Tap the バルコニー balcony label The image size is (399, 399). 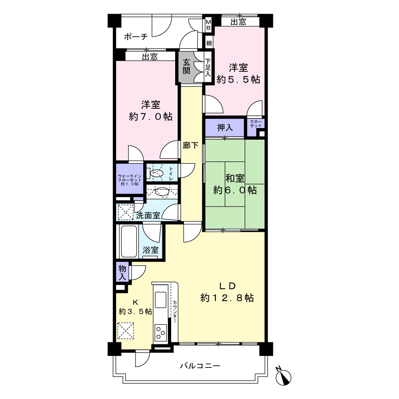click(x=200, y=366)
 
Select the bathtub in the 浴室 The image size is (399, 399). click(x=129, y=241)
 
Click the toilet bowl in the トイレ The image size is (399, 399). click(x=156, y=173)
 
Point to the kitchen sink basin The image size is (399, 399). click(x=161, y=300)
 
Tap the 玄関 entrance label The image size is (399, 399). click(x=186, y=66)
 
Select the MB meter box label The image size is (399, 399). click(x=208, y=24)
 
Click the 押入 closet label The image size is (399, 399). click(x=225, y=128)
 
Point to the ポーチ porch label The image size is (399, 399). click(x=136, y=37)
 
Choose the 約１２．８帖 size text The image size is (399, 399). click(x=227, y=298)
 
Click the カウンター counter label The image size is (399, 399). click(x=175, y=312)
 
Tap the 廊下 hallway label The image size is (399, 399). click(x=191, y=145)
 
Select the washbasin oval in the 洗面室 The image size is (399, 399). click(x=162, y=192)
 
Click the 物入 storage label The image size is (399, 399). click(x=122, y=272)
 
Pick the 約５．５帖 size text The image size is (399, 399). click(x=239, y=80)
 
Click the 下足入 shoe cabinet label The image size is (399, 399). click(x=208, y=68)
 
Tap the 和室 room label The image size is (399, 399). click(x=235, y=178)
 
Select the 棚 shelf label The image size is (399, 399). click(x=209, y=43)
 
